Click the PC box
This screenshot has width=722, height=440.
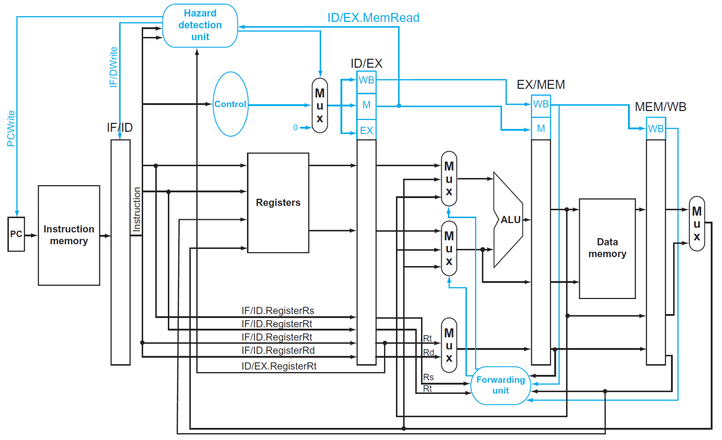(x=16, y=234)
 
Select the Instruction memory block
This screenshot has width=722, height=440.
(x=69, y=235)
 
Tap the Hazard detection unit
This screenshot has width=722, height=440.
(x=200, y=25)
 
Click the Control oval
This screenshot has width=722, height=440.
(x=231, y=104)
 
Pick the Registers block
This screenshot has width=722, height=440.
(x=278, y=203)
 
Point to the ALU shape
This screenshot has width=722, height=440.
(x=508, y=220)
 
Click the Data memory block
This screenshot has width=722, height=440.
(x=607, y=249)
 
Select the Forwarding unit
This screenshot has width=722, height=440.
(x=500, y=385)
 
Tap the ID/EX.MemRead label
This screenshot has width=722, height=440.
(x=373, y=18)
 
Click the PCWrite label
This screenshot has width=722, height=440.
(x=11, y=128)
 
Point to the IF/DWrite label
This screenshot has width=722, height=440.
(x=113, y=67)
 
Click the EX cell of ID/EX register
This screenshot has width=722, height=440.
(x=366, y=130)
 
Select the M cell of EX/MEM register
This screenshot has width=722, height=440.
(x=541, y=128)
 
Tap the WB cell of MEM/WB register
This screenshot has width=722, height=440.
(x=656, y=129)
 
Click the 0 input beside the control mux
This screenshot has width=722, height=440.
(x=295, y=128)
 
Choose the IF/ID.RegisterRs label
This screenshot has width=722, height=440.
(x=278, y=311)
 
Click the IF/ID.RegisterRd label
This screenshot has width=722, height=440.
(x=278, y=350)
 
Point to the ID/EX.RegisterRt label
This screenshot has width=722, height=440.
(x=279, y=366)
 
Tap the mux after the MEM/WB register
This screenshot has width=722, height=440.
(x=697, y=223)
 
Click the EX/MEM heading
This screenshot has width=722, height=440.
(x=541, y=85)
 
